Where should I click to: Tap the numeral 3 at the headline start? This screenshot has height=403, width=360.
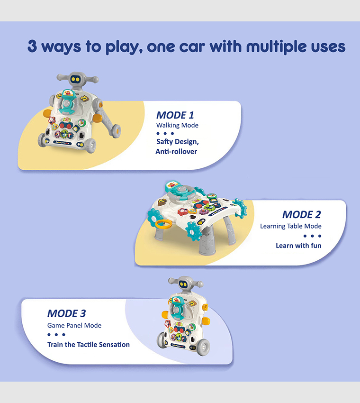point(32,46)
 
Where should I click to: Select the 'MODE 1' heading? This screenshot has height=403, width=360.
point(175,115)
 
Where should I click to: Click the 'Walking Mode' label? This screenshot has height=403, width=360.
point(177,125)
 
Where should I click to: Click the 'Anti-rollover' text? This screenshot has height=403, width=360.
point(176,152)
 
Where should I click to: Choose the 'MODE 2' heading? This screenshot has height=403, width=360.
point(302,215)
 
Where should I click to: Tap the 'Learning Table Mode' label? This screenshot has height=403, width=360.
point(291,226)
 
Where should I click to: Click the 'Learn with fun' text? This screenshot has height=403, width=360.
point(298,246)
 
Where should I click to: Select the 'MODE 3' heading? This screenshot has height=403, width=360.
point(66,313)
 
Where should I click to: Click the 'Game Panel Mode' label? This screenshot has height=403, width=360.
point(74,325)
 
